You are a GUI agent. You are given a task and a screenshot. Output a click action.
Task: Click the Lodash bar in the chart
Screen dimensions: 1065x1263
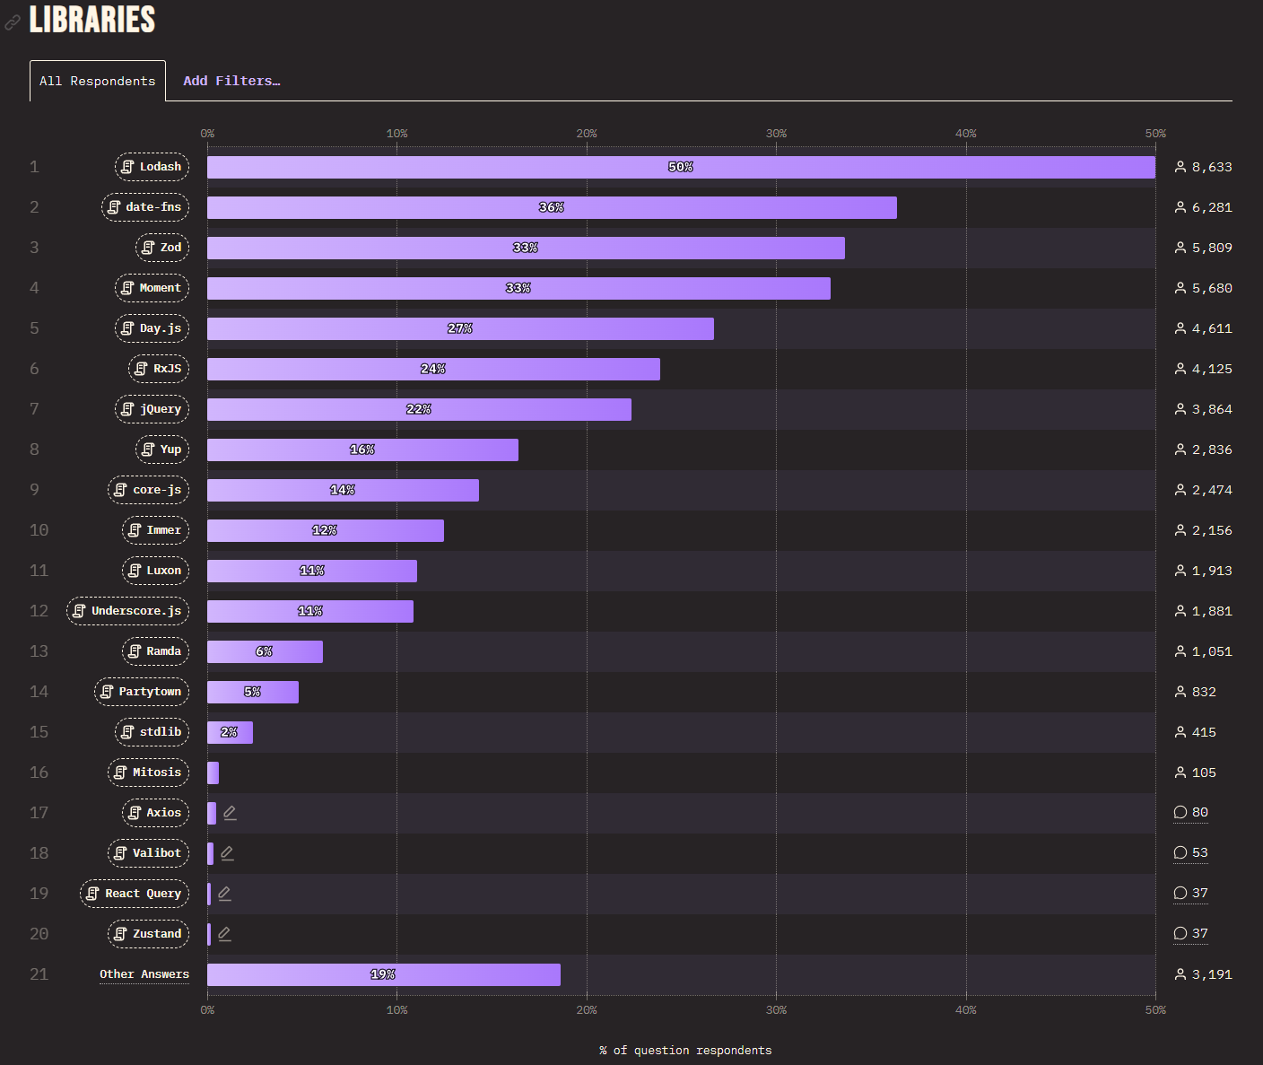681,167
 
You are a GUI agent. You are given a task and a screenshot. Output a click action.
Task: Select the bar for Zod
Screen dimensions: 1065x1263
526,248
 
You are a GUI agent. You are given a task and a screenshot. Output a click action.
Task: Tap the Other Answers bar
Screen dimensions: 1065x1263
384,974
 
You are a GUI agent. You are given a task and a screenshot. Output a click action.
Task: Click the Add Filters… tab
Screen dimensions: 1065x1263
231,81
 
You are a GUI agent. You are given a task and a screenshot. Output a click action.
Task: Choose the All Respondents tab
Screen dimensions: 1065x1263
98,81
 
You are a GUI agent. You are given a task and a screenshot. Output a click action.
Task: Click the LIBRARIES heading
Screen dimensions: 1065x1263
92,20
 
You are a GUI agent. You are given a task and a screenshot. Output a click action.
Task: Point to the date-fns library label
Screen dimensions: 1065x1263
145,207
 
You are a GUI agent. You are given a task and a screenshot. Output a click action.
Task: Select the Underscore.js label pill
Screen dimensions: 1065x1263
128,611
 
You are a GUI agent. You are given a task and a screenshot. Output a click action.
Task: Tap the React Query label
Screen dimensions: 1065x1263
135,894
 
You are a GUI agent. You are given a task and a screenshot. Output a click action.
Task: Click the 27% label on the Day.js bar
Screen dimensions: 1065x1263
460,328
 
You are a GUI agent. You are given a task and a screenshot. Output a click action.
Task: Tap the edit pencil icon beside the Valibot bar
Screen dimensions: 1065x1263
228,853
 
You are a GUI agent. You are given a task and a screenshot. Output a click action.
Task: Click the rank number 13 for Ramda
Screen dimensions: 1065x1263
39,651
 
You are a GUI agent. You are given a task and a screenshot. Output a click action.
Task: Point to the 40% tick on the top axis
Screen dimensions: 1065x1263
966,134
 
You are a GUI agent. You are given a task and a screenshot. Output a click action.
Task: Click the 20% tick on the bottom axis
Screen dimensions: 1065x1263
587,1010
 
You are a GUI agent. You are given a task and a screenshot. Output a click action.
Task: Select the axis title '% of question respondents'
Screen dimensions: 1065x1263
685,1051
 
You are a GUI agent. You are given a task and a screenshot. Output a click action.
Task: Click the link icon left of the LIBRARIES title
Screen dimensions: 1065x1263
13,22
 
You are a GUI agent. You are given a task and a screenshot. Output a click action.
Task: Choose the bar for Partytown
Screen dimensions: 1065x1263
253,692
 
